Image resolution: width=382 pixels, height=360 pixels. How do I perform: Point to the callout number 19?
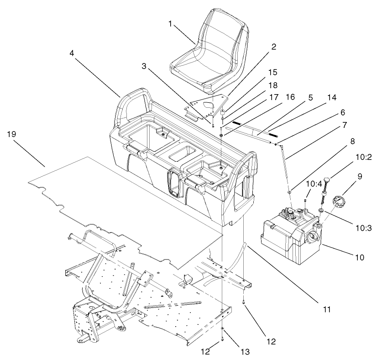coord(12,134)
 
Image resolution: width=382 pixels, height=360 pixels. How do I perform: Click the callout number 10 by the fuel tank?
coord(359,257)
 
